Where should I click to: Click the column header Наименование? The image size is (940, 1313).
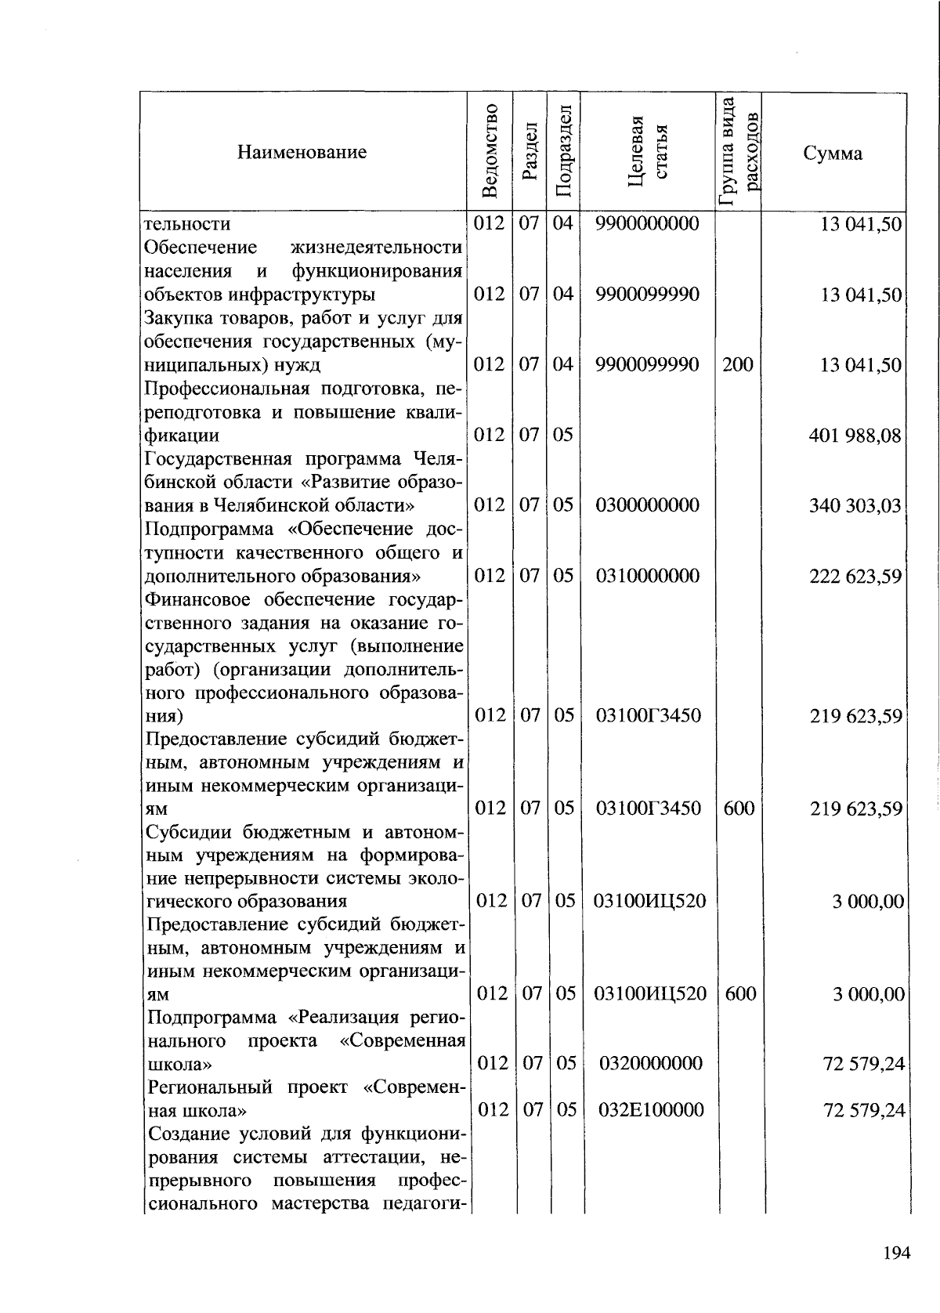tap(302, 152)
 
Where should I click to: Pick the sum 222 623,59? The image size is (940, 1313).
tap(855, 577)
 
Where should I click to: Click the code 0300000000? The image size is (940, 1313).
tap(647, 505)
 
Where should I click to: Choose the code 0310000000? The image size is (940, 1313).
tap(647, 576)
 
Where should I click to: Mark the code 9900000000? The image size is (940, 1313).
tap(647, 224)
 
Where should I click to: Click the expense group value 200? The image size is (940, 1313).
tap(738, 364)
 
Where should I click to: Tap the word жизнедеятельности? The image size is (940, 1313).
tap(376, 248)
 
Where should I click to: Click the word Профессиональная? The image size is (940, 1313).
tap(215, 389)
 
